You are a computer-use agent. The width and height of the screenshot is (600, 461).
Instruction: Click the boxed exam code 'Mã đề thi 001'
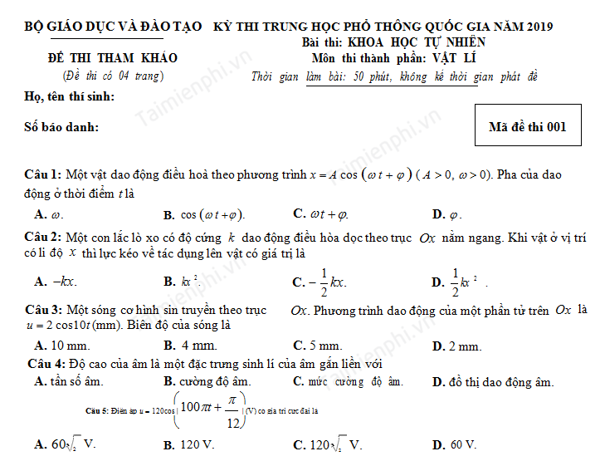527,127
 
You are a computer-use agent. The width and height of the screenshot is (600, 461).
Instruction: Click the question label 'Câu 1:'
43,174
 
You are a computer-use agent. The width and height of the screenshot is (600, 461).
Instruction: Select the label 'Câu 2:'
43,238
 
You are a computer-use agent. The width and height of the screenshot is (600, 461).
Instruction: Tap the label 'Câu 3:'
43,310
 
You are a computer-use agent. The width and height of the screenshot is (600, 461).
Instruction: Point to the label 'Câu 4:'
46,364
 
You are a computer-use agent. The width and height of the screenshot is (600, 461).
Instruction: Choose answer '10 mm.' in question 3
66,346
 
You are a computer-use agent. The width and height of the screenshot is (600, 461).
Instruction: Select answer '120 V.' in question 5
198,445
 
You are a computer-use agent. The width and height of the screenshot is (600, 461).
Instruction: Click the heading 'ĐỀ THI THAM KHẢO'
112,58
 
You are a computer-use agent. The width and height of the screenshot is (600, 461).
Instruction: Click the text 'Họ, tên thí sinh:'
71,97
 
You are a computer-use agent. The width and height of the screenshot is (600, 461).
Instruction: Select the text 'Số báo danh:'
62,127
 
